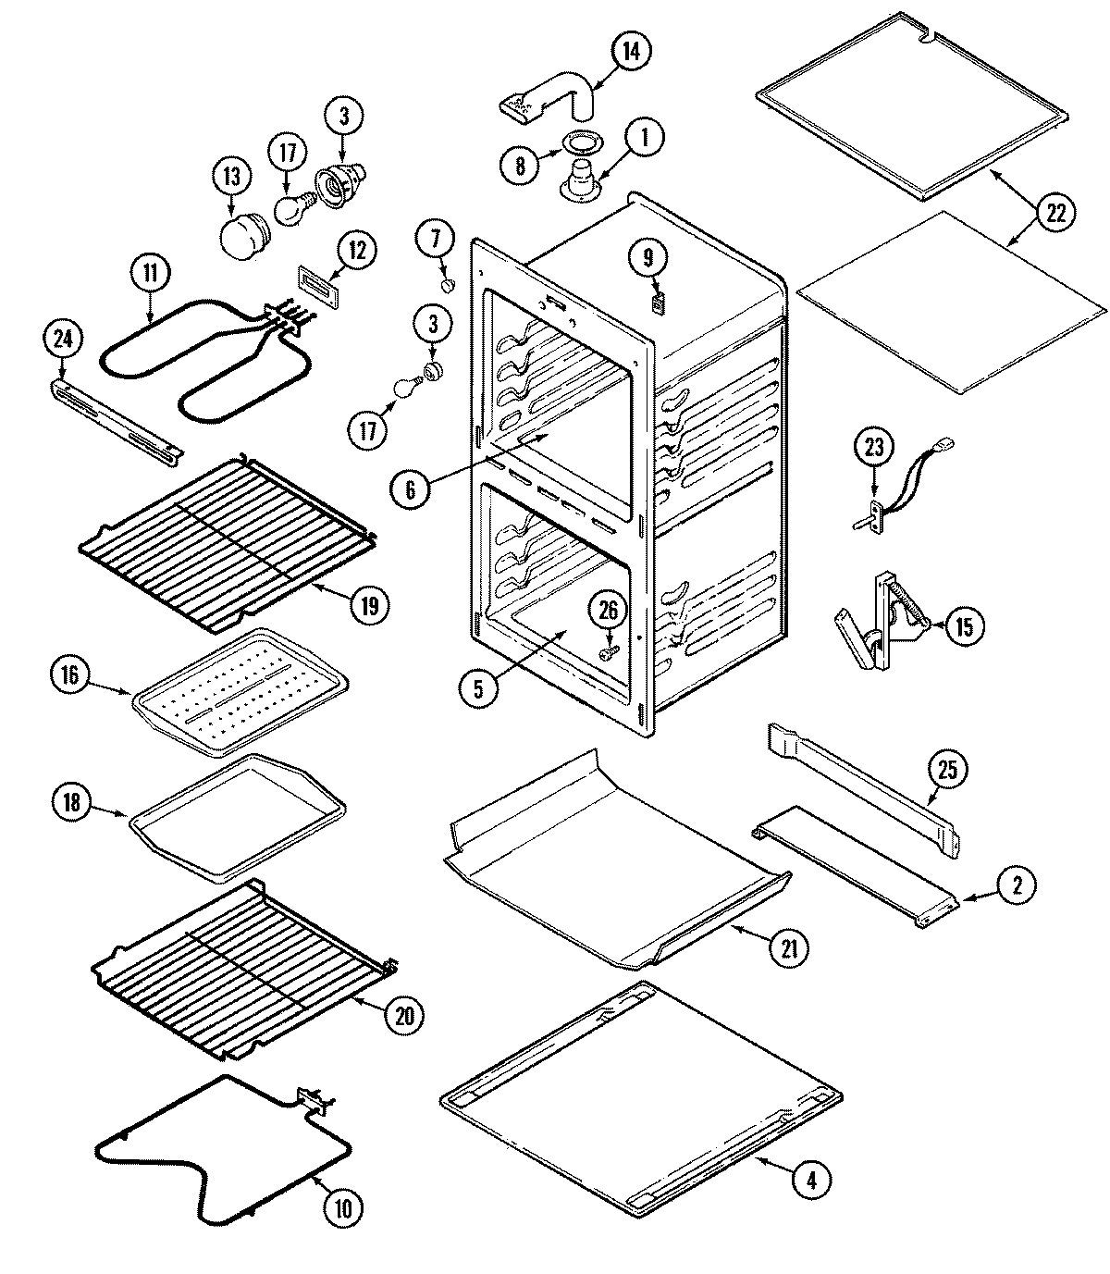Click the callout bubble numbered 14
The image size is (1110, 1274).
coord(630,51)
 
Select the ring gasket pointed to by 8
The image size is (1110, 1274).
coord(580,143)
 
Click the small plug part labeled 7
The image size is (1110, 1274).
coord(449,285)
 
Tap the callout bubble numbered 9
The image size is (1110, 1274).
coord(648,260)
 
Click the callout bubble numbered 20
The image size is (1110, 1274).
coord(403,1015)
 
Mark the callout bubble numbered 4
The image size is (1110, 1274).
coord(810,1179)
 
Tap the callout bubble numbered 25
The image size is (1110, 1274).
coord(952,769)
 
